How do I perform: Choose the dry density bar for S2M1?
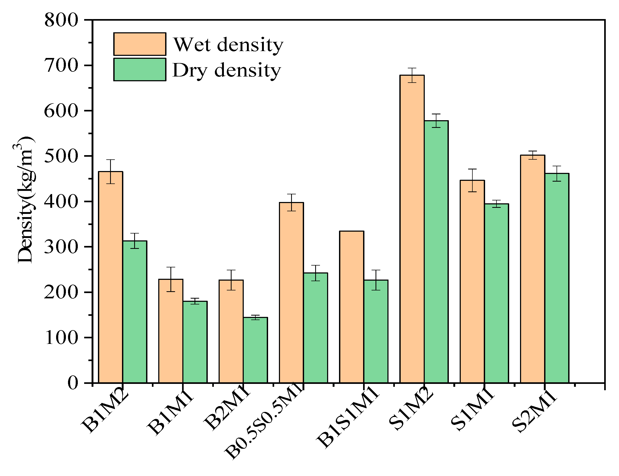[557, 278]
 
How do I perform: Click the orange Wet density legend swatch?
[140, 44]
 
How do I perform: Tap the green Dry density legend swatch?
[140, 70]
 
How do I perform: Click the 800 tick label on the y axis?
[61, 20]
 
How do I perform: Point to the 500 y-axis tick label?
[61, 156]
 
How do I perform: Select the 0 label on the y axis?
[73, 383]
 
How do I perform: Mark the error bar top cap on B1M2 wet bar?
[110, 160]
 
